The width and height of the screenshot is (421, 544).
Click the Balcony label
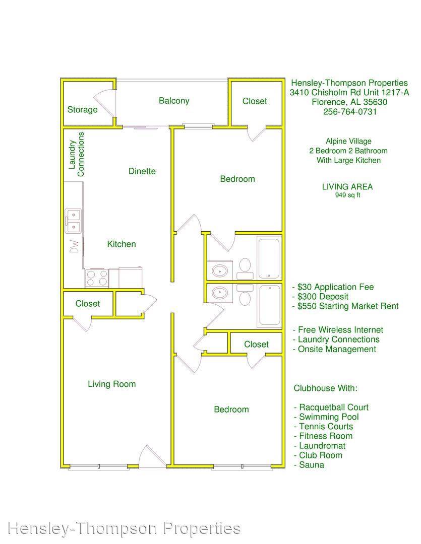coord(174,101)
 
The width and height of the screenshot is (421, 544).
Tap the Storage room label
coord(82,110)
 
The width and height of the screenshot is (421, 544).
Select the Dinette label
coord(142,171)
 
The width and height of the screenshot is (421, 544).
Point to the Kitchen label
coord(121,244)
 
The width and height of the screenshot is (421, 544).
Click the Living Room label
coord(111,384)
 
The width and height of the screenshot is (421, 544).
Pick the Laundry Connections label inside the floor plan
coord(76,155)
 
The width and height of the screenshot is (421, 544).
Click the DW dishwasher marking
coord(74,247)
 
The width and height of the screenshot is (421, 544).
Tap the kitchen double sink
coord(73,221)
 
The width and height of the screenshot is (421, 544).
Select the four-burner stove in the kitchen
coord(97,278)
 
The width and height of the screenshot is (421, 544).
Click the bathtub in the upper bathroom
coord(269,257)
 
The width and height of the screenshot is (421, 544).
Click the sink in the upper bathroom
coord(220,270)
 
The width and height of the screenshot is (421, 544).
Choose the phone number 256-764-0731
coord(350,112)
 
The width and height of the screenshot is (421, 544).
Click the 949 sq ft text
coord(347,195)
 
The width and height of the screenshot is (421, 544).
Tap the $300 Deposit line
coord(320,297)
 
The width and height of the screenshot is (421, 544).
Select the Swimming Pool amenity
coord(326,417)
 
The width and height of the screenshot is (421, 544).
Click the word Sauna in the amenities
coord(312,465)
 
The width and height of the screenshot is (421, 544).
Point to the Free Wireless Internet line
coord(338,330)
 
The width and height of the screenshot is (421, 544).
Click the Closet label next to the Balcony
coord(255,101)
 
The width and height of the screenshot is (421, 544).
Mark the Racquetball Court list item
coord(331,407)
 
